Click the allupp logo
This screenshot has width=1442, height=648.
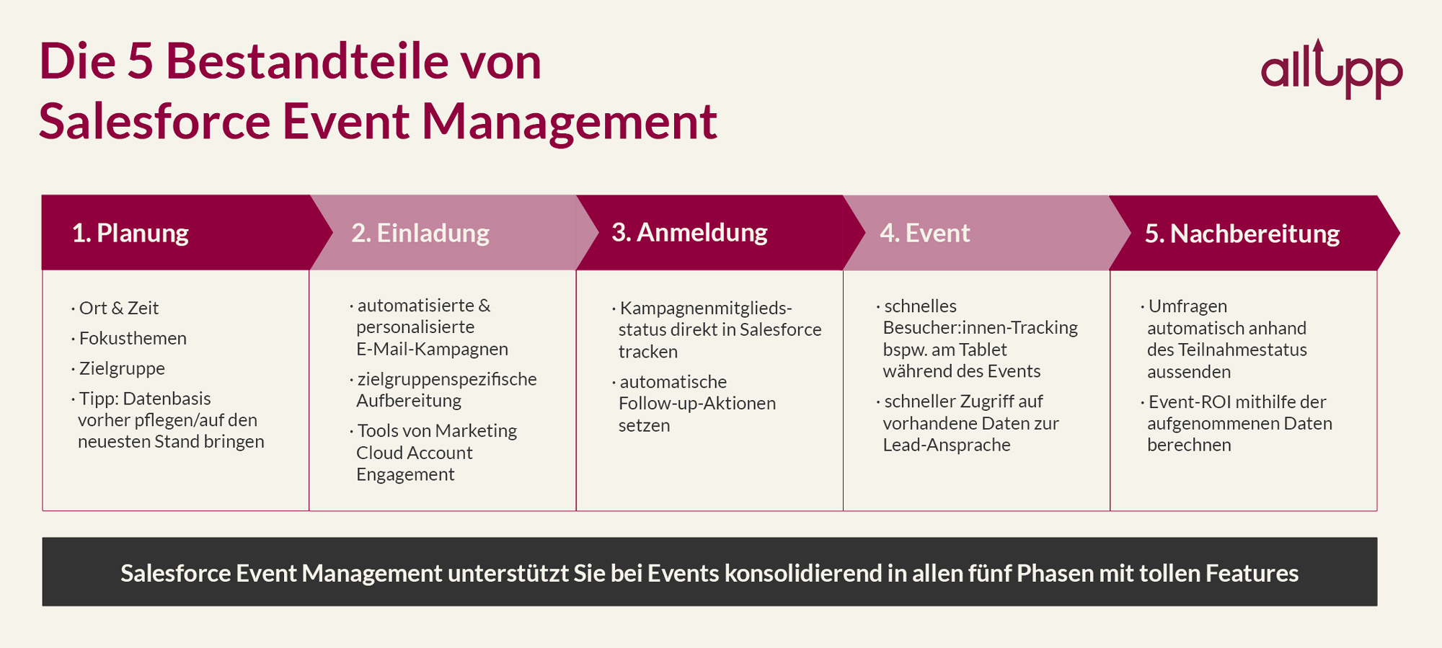coord(1331,71)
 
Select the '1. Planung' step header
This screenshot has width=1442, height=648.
coord(131,233)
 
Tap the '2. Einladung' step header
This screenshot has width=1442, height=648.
coord(420,233)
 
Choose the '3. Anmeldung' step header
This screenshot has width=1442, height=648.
coord(689,232)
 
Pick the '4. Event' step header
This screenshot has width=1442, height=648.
coord(925,233)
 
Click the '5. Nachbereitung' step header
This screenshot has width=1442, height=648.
coord(1242,234)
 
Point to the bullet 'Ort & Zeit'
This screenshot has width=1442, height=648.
coord(119,308)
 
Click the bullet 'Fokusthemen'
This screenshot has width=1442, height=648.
coord(133,338)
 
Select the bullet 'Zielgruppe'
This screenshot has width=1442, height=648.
coord(122,368)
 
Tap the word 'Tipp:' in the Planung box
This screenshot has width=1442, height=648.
coord(98,399)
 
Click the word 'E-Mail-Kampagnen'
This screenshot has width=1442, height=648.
coord(432,349)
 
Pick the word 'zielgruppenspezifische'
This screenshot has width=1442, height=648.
coord(447,379)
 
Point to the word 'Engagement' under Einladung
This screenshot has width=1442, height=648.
coord(405,474)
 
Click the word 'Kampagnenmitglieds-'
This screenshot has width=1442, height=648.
coord(706,309)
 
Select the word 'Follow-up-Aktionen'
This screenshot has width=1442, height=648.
coord(697,404)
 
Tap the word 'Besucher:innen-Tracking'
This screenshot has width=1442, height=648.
coord(980,328)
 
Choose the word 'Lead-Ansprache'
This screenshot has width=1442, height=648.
coord(947,445)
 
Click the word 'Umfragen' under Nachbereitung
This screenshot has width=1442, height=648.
coord(1187,306)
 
